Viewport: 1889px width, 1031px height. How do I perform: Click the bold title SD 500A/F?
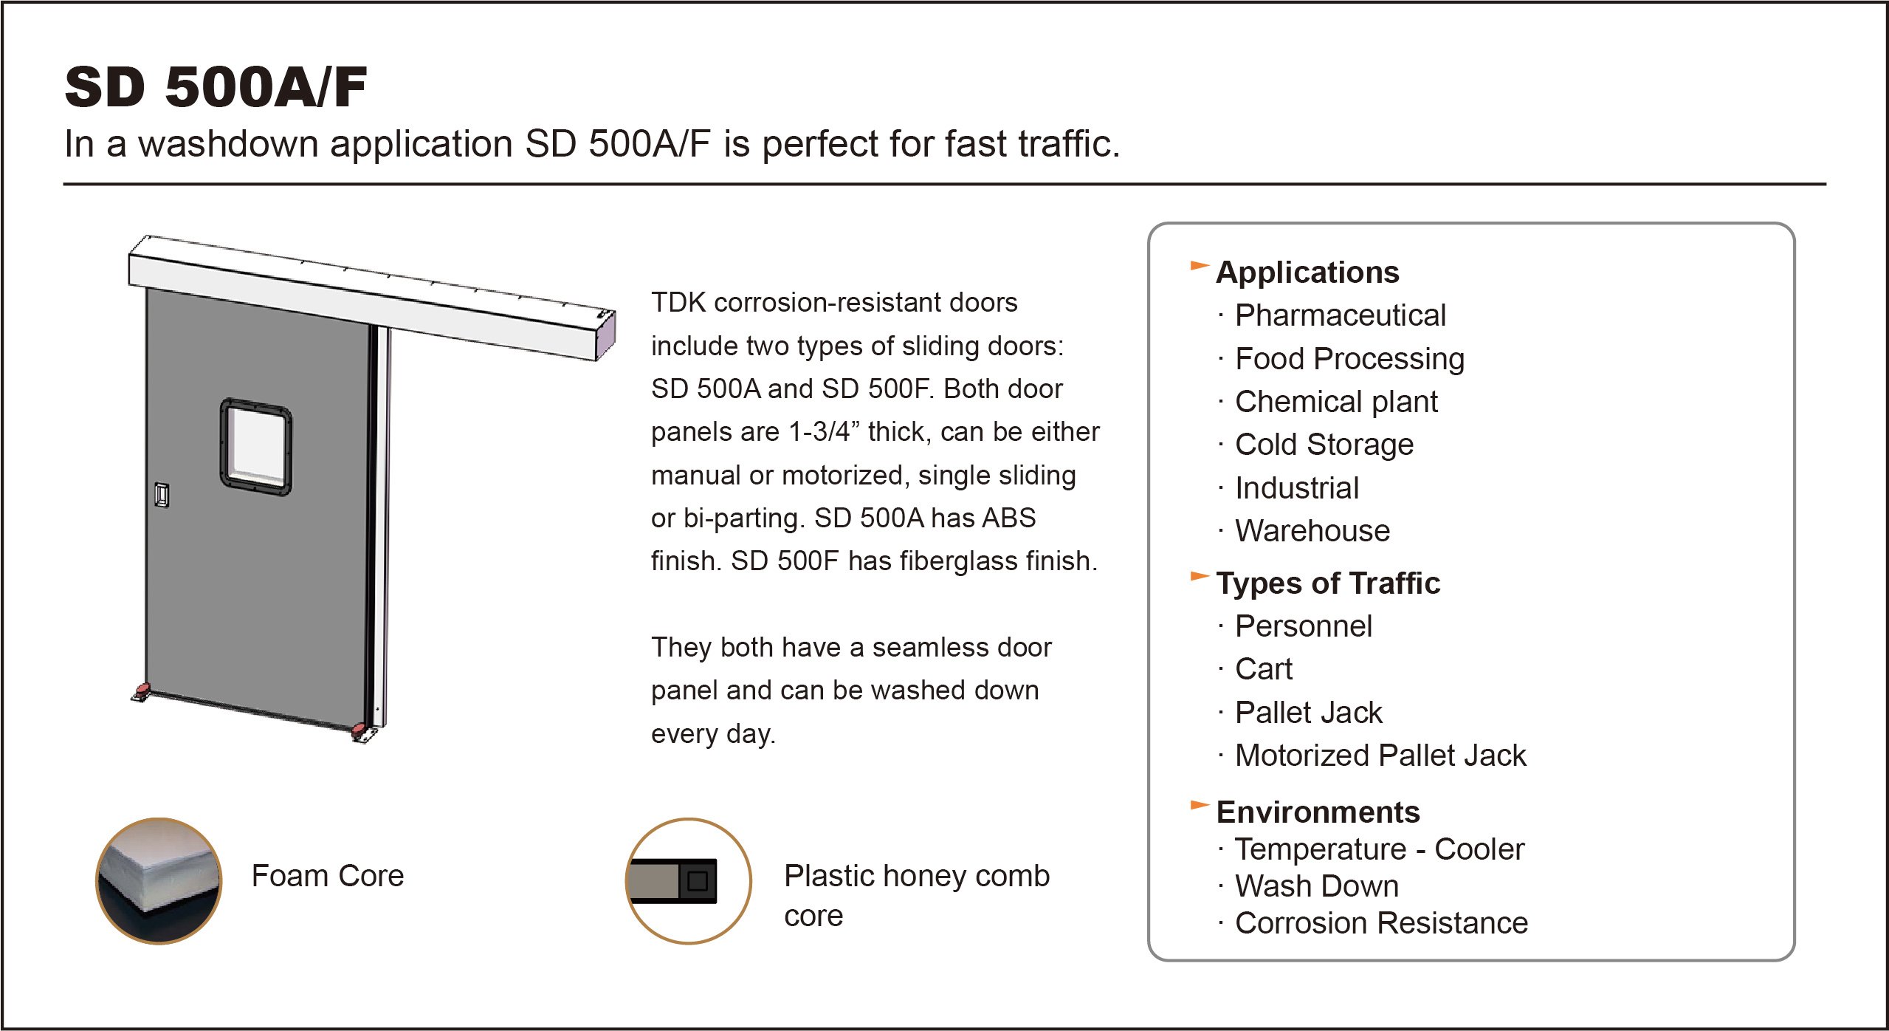(216, 87)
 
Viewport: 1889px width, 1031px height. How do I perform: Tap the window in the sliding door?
(256, 446)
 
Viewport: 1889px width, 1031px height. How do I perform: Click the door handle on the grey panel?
(162, 494)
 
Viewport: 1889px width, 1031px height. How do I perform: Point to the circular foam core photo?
(159, 880)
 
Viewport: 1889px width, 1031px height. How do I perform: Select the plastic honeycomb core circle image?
(688, 880)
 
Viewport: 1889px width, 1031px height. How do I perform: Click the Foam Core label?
(328, 876)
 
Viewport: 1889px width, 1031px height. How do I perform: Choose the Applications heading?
(1307, 273)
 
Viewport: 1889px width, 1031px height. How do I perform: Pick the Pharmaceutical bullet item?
(1340, 315)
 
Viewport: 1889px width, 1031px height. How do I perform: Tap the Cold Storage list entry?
(1324, 445)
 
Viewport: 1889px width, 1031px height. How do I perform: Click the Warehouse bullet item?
(1312, 531)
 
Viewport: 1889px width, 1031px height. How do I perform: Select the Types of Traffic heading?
(1327, 583)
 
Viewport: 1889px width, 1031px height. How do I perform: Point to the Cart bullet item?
(1263, 669)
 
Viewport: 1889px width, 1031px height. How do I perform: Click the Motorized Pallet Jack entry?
(1380, 756)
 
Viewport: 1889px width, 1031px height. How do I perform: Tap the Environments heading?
(1318, 812)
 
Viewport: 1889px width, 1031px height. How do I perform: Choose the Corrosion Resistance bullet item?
(1380, 923)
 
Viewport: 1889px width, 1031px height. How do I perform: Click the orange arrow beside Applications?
(1200, 265)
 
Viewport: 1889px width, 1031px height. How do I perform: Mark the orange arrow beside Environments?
(1200, 804)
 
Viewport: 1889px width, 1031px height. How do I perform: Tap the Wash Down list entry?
(1316, 886)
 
